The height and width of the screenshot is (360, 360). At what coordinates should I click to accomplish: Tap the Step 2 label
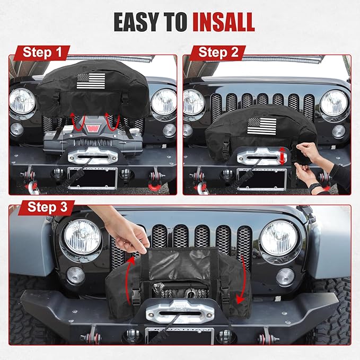(x=218, y=53)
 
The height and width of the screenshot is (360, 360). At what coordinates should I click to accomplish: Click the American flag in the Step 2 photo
(x=262, y=126)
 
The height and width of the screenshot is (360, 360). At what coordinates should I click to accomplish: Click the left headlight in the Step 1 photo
(x=22, y=100)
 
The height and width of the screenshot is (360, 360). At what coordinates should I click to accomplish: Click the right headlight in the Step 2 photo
(x=334, y=102)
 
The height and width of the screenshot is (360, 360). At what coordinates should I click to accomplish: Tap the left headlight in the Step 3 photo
(x=82, y=237)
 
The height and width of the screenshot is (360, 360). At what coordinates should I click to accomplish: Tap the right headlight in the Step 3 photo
(x=278, y=237)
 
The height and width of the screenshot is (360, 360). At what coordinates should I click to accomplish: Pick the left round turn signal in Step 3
(x=75, y=275)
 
